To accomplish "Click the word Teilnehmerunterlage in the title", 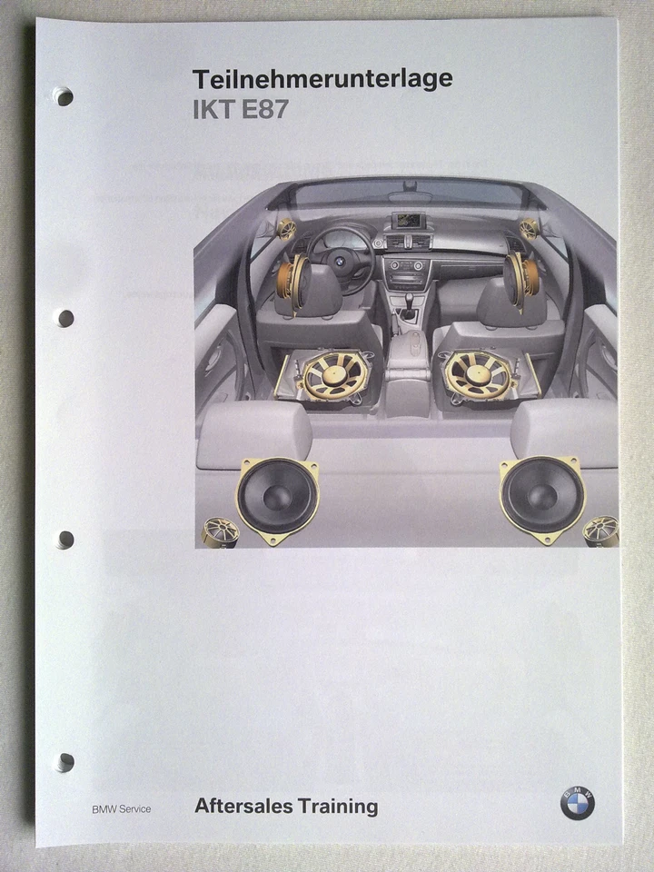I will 322,79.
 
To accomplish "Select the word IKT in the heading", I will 213,110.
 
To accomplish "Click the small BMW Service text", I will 121,808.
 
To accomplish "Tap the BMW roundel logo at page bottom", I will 577,804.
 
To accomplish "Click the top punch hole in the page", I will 64,96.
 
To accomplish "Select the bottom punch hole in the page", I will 64,761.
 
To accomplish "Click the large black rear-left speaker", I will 277,497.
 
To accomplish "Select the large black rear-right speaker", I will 541,497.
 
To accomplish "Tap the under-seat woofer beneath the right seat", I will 481,374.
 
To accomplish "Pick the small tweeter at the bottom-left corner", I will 221,530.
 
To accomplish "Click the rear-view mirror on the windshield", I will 411,195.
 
